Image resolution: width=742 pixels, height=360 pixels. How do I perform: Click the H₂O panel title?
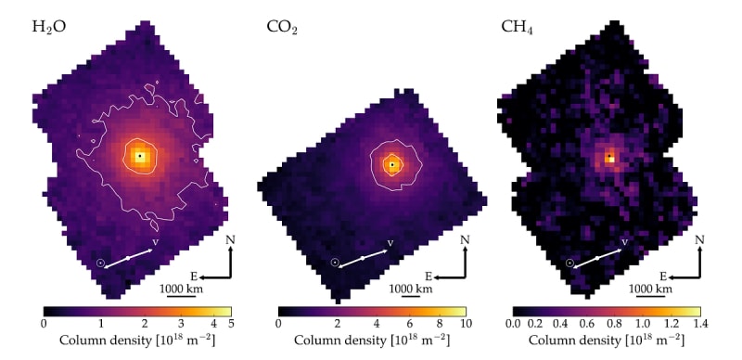coord(49,27)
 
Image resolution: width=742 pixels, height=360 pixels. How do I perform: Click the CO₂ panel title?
coord(282,27)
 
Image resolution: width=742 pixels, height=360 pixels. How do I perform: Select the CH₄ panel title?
coord(518,27)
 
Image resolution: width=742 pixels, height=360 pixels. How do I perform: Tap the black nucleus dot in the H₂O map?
coord(140,155)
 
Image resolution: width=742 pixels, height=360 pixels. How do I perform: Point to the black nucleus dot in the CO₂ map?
coord(392,164)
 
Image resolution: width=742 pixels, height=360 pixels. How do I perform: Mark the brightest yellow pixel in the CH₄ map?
coord(611,160)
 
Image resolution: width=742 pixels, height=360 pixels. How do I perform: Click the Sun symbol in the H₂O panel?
coord(100,263)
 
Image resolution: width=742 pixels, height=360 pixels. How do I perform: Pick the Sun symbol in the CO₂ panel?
coord(335,262)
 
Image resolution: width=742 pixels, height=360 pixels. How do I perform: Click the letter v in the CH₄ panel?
coord(624,242)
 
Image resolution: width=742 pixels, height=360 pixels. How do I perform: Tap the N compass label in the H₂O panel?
coord(230,239)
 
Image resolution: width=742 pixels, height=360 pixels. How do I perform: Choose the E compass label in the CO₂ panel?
coord(429,276)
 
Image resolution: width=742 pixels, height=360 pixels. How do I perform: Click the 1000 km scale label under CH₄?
coord(651,289)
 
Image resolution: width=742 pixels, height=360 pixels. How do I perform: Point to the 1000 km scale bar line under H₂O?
coord(182,297)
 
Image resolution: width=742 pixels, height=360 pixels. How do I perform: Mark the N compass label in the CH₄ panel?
coord(700,239)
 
